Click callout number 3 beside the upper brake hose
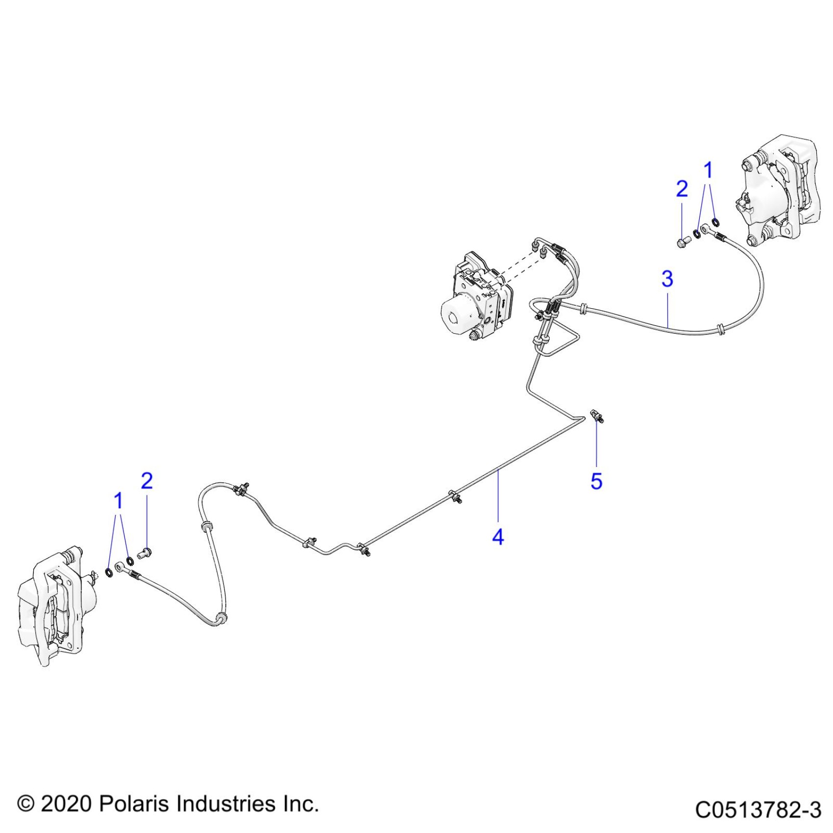[667, 279]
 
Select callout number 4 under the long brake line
[498, 537]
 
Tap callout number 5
[596, 481]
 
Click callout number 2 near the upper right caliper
[682, 189]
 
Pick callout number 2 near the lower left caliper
[147, 481]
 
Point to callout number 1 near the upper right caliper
[708, 171]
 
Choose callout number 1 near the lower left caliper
[118, 501]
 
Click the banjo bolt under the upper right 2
[683, 242]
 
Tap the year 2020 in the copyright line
[66, 804]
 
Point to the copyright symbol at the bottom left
[25, 804]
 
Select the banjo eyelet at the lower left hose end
[120, 568]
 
